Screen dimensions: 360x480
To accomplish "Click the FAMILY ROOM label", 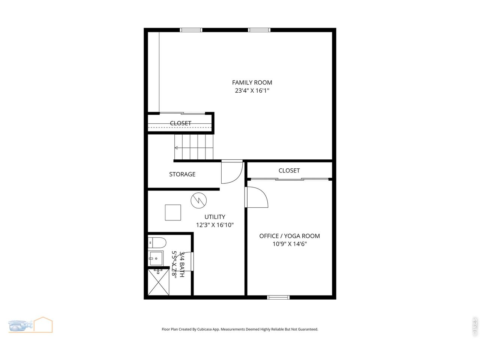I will coord(252,82).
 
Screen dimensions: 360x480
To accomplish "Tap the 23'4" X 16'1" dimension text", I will coord(252,91).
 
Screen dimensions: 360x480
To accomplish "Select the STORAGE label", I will coord(182,174).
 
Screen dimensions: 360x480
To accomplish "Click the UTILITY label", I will coord(215,217).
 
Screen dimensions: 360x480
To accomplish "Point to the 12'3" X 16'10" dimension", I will coord(215,225).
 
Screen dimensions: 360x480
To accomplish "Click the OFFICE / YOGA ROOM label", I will coord(289,236).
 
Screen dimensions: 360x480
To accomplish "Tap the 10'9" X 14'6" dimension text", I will coord(289,244).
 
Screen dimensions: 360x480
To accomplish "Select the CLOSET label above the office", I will coord(289,171).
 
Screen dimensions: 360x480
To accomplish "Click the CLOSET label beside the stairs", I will coord(180,123).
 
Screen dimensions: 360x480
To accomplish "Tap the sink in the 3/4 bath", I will coord(156,258).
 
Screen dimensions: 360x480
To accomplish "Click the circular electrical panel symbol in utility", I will coord(198,200).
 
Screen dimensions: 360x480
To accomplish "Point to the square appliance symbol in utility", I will coord(173,212).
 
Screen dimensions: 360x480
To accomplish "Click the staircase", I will coord(194,147).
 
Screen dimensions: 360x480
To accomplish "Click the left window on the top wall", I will coord(191,30).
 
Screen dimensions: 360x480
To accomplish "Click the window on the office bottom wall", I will coord(278,297).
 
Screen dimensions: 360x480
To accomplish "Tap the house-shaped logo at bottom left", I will coord(43,325).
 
